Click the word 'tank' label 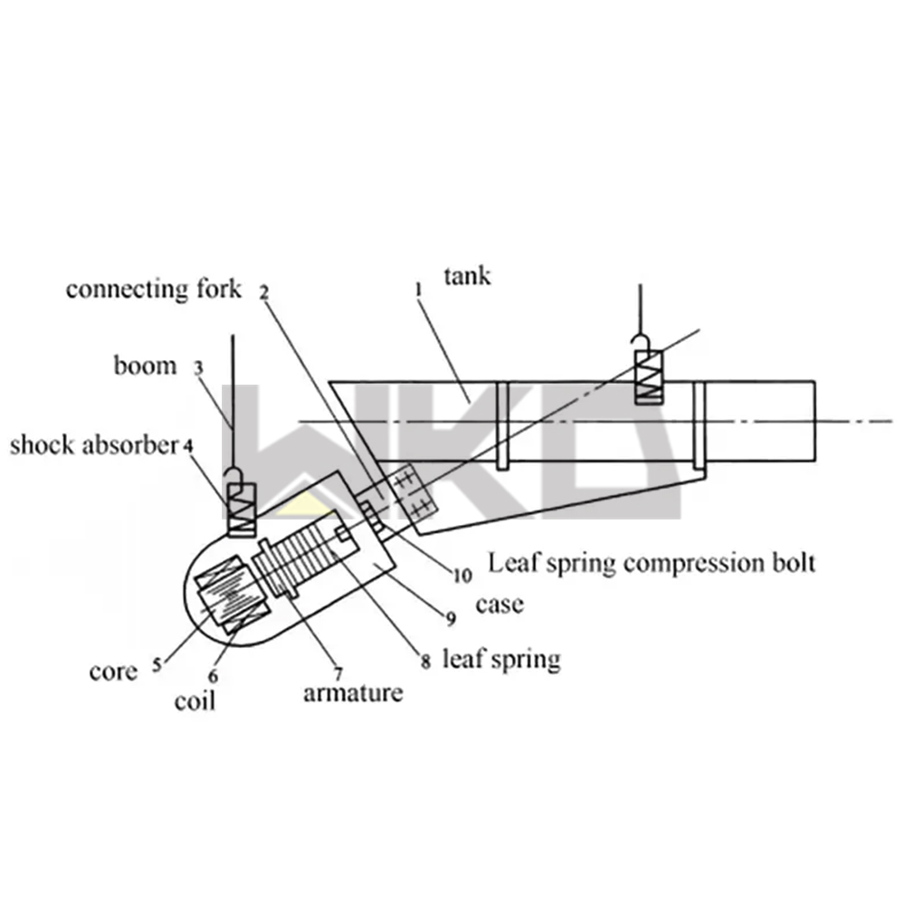click(467, 275)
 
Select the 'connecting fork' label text click(154, 290)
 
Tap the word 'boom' click(145, 367)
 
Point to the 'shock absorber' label click(93, 445)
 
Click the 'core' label click(114, 672)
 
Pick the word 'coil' click(195, 700)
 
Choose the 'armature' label click(353, 694)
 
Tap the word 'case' click(499, 604)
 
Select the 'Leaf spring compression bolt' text click(652, 562)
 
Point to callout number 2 click(263, 292)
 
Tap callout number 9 click(450, 619)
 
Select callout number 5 click(157, 665)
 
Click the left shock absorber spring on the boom click(243, 509)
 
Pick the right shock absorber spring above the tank click(648, 376)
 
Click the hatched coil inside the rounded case click(228, 598)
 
